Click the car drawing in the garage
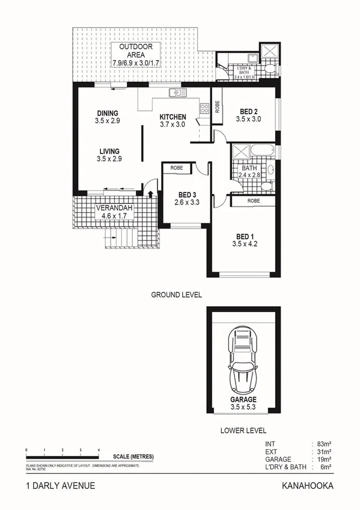click(243, 360)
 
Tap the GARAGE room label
click(243, 399)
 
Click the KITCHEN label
click(172, 117)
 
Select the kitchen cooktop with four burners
click(204, 108)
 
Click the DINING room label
click(108, 113)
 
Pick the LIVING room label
click(109, 151)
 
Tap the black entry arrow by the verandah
click(150, 192)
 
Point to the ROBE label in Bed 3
click(177, 168)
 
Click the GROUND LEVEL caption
click(175, 295)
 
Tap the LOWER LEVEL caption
click(243, 431)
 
